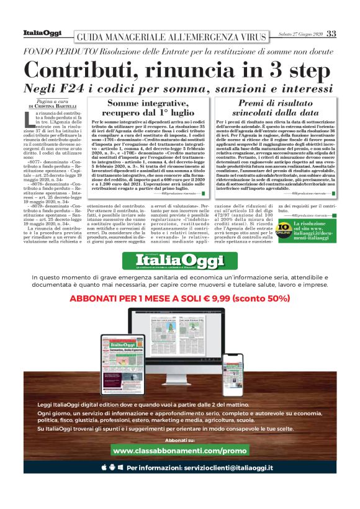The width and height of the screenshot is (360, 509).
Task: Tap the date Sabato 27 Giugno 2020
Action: point(300,34)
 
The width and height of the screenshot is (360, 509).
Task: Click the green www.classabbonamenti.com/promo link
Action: point(180,449)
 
